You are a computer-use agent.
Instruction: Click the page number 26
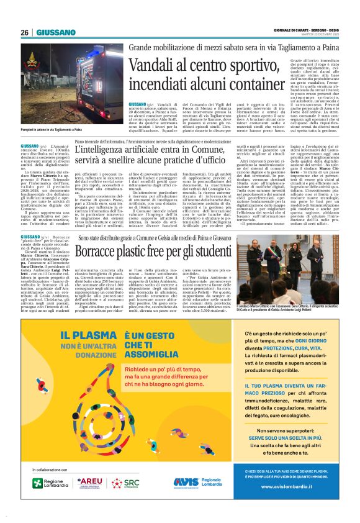(x=24, y=32)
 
